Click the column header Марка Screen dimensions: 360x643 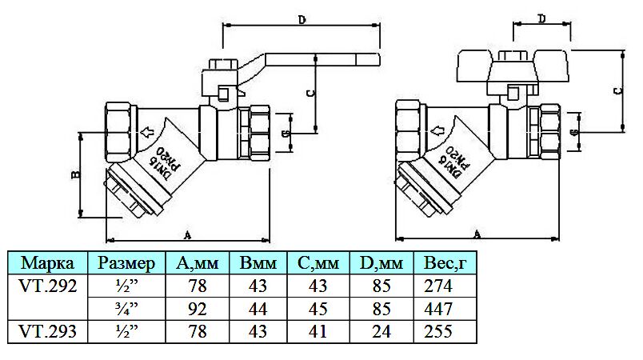pyautogui.click(x=48, y=263)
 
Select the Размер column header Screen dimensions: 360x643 pyautogui.click(x=125, y=263)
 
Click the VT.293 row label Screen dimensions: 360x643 pyautogui.click(x=48, y=330)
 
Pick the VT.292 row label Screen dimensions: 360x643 pyautogui.click(x=48, y=286)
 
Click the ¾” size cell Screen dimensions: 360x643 pyautogui.click(x=125, y=308)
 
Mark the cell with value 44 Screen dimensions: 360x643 pyautogui.click(x=258, y=308)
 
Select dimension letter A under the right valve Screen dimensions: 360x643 pyautogui.click(x=477, y=233)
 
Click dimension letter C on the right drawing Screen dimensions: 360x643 pyautogui.click(x=617, y=90)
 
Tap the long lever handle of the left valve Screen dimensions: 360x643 pyautogui.click(x=320, y=60)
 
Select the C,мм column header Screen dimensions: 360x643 pyautogui.click(x=318, y=263)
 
